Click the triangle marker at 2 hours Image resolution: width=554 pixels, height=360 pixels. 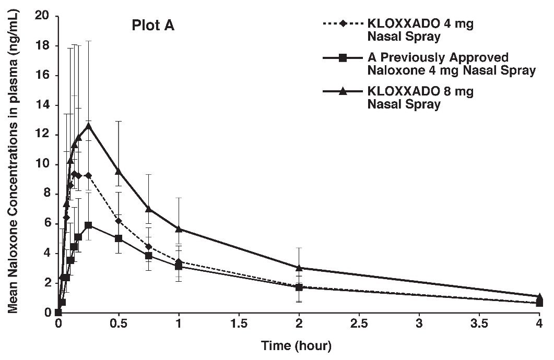pyautogui.click(x=299, y=268)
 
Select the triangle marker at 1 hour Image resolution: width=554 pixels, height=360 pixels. pyautogui.click(x=179, y=229)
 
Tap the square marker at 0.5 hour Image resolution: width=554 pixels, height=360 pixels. pyautogui.click(x=119, y=238)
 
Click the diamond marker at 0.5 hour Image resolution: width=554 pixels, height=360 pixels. pyautogui.click(x=119, y=221)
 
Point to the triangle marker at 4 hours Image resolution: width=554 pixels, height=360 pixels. pyautogui.click(x=539, y=296)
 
